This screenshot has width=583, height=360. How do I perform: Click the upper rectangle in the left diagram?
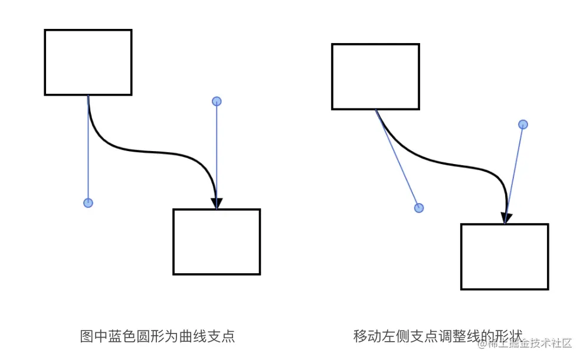88,62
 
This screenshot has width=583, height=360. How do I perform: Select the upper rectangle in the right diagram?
375,77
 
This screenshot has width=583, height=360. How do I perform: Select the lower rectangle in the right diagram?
505,257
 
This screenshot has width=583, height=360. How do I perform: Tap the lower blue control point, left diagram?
88,203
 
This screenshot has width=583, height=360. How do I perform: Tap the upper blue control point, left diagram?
217,102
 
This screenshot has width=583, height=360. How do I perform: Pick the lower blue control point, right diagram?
419,208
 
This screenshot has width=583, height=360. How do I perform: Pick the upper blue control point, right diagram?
523,125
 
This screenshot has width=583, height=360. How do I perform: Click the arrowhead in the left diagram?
217,202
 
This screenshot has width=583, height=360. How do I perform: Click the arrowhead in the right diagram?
506,217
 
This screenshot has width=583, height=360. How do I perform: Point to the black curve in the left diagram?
153,153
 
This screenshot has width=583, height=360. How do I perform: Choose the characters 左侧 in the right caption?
392,336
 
